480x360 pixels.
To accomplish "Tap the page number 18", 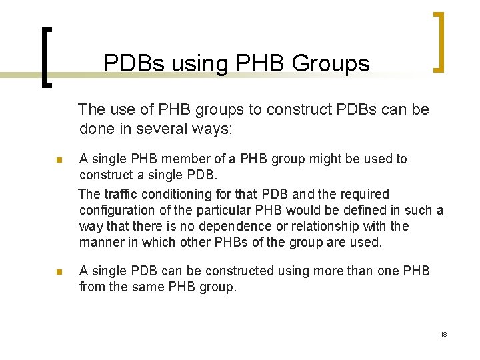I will coord(443,334).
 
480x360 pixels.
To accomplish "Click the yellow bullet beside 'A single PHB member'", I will coord(59,161).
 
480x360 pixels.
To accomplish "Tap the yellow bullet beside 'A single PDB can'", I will coord(59,272).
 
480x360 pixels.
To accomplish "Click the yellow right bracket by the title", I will coord(438,41).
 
